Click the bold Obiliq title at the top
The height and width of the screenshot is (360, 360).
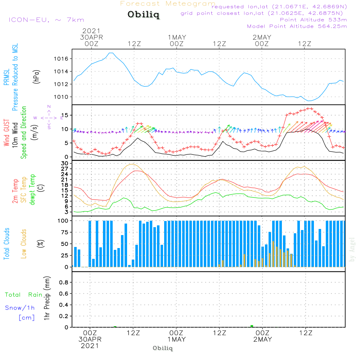pos(143,15)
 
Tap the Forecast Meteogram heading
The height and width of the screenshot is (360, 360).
pos(168,4)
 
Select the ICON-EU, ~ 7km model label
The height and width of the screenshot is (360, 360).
pos(46,20)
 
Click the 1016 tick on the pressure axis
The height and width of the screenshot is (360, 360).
pos(62,59)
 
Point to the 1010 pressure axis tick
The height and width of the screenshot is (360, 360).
pos(62,97)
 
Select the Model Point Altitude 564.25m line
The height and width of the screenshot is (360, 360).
pos(297,26)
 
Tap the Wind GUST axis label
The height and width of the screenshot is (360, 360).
pos(6,134)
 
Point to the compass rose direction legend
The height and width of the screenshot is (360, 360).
pos(49,118)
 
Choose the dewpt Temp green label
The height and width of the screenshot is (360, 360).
pos(33,190)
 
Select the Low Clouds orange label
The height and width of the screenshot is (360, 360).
pos(24,243)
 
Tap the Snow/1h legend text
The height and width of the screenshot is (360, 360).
pos(20,308)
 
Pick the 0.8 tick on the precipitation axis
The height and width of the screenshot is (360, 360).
pos(63,282)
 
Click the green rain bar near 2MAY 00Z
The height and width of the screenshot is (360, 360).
pos(252,326)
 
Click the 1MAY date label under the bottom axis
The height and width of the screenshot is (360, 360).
pos(176,339)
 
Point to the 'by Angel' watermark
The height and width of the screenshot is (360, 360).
pos(352,249)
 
